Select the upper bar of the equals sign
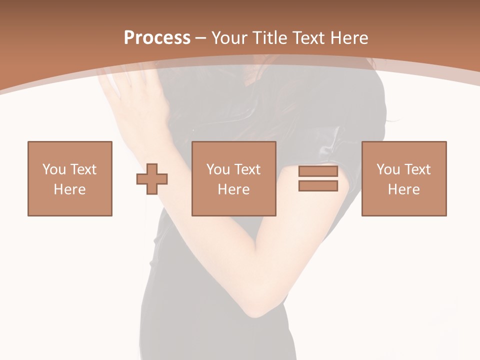point(318,171)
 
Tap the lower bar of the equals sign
point(318,186)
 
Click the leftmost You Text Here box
point(70,178)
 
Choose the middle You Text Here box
point(233,178)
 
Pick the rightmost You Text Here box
point(403,178)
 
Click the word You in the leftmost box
point(53,169)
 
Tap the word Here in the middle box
point(233,189)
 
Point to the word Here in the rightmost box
point(403,189)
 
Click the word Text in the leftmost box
point(83,169)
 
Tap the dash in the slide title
point(200,38)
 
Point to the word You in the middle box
point(218,169)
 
